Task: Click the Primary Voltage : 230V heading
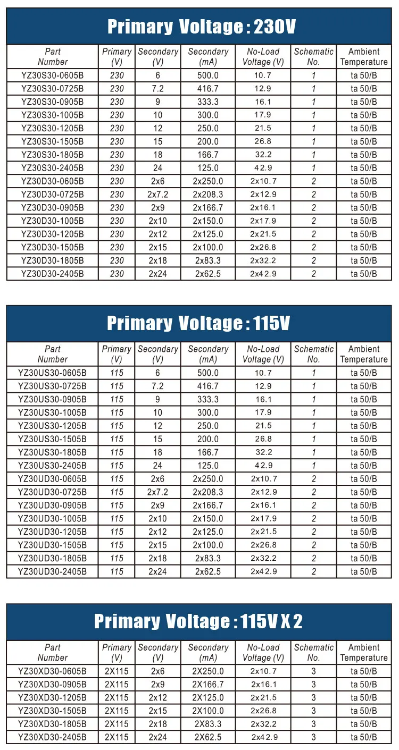[201, 27]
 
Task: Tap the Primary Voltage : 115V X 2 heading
[198, 621]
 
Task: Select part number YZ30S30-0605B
[53, 75]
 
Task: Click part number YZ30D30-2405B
[53, 274]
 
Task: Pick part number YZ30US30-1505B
[52, 439]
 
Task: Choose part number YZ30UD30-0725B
[52, 492]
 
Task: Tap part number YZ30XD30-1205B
[52, 697]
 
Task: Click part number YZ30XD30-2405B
[52, 737]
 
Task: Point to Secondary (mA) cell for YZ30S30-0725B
[208, 89]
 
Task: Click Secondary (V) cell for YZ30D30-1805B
[157, 260]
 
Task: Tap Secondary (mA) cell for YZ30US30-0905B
[208, 399]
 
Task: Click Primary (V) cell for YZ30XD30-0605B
[117, 671]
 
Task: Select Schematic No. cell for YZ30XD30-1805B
[314, 724]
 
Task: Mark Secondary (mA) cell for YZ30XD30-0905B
[208, 684]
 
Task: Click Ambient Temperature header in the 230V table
[364, 56]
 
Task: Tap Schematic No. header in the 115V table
[314, 354]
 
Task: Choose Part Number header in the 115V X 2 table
[52, 652]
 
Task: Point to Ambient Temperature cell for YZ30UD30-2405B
[364, 571]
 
